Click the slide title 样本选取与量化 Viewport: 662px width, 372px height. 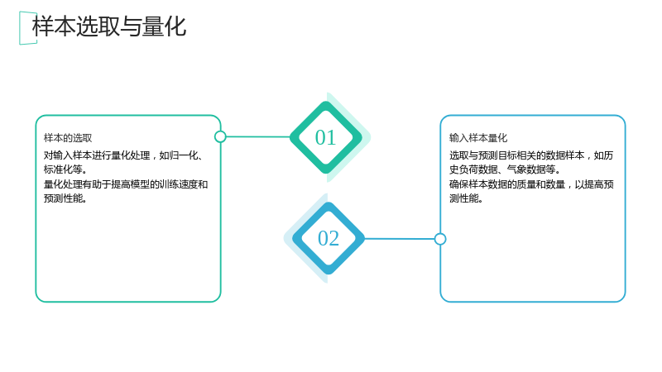[x=109, y=26]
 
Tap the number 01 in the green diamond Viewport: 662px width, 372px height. [x=325, y=137]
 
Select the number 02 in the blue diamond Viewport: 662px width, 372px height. [x=329, y=238]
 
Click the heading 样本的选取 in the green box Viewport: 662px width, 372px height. [x=68, y=138]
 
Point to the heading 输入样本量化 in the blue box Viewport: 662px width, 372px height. [x=478, y=138]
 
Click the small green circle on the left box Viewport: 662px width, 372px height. [x=220, y=136]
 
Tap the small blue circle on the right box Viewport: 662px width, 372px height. [x=440, y=239]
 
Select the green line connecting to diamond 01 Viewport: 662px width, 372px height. [x=258, y=136]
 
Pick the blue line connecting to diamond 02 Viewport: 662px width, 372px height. [x=400, y=239]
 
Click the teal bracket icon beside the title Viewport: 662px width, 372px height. [x=20, y=28]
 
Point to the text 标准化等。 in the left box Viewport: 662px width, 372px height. [x=65, y=169]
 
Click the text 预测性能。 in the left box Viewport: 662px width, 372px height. [x=65, y=198]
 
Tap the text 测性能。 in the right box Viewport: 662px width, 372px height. [x=466, y=198]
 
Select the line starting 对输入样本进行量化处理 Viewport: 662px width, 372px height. [x=124, y=155]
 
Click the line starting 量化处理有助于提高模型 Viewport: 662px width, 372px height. [x=126, y=184]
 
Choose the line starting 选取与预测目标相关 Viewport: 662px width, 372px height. [x=531, y=155]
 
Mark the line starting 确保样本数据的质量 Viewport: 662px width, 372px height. [x=531, y=184]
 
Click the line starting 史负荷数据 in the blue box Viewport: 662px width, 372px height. [x=505, y=169]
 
